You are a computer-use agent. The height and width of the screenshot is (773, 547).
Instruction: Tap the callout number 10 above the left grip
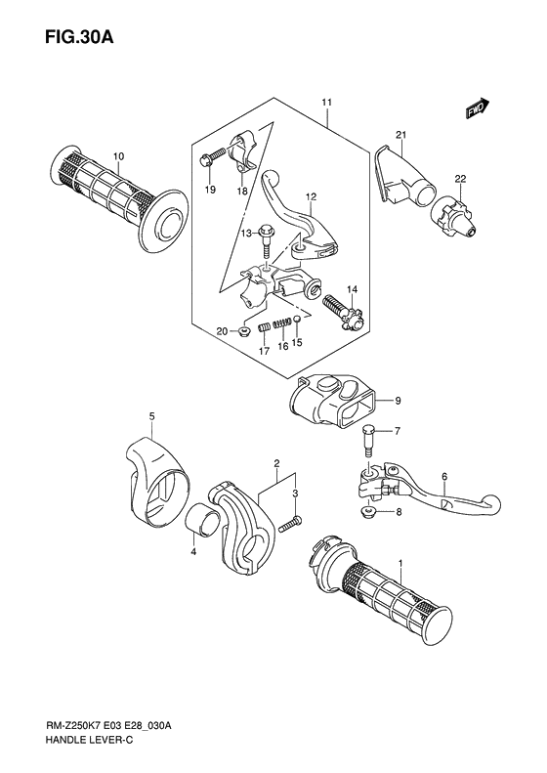click(118, 156)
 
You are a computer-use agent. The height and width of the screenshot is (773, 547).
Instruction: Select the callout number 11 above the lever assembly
click(326, 103)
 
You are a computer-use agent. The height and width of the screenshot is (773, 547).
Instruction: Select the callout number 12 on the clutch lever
click(310, 196)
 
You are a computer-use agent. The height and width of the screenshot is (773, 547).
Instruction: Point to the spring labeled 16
click(280, 324)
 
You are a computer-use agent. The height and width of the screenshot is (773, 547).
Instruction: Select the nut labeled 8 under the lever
click(370, 512)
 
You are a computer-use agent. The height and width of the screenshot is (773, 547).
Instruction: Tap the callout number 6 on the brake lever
click(442, 477)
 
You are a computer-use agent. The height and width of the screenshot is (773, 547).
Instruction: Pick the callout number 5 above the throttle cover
click(151, 417)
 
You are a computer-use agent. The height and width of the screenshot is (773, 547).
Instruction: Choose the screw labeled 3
click(289, 525)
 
